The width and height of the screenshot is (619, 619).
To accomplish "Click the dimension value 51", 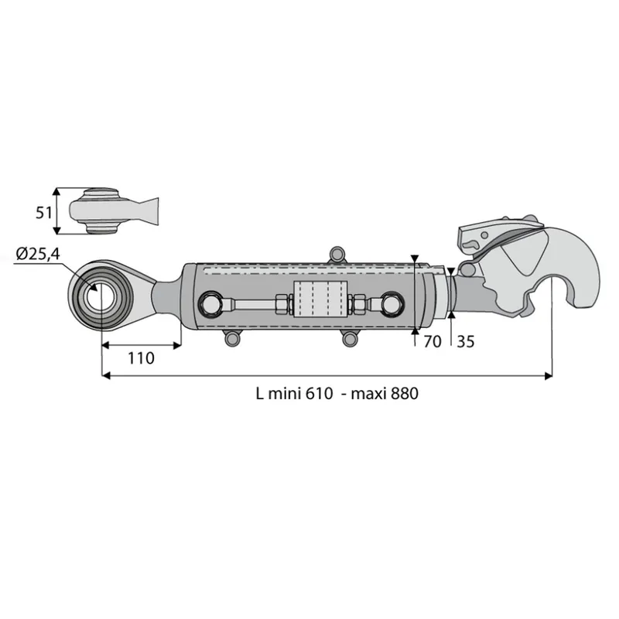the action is pos(44,214).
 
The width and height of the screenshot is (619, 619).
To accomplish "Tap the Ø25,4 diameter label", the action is pos(38,254).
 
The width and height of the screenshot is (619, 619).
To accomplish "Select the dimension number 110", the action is pos(141,358).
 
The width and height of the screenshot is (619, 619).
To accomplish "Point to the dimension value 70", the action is pos(433,341).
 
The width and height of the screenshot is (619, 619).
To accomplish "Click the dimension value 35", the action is pos(466,341).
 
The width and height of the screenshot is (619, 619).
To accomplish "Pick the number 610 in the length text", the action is pos(320,394).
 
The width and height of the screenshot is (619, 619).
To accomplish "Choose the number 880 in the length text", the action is pos(405,394).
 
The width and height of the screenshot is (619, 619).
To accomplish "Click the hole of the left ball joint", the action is pos(101,296).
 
